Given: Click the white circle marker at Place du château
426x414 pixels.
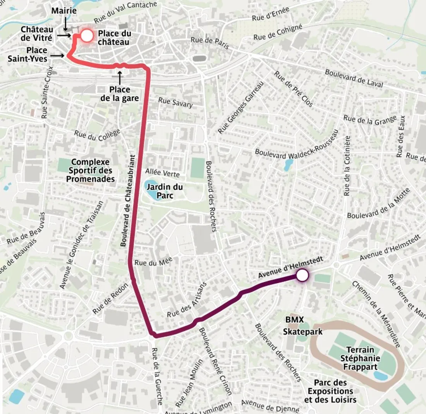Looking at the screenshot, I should (87, 36).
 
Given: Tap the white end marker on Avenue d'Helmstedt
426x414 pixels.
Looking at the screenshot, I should (302, 276).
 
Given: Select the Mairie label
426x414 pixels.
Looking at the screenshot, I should (64, 11).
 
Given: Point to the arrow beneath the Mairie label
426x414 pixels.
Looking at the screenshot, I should (65, 25).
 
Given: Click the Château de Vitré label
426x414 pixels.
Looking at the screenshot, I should (37, 33).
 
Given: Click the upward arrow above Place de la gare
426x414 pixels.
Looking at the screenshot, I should (119, 77).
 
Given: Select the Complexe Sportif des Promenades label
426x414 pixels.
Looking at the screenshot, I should (90, 170).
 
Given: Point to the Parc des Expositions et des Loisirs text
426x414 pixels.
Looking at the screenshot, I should (330, 391).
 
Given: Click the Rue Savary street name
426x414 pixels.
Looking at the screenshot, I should (175, 102).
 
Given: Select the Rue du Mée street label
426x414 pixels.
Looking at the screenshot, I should (153, 261).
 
